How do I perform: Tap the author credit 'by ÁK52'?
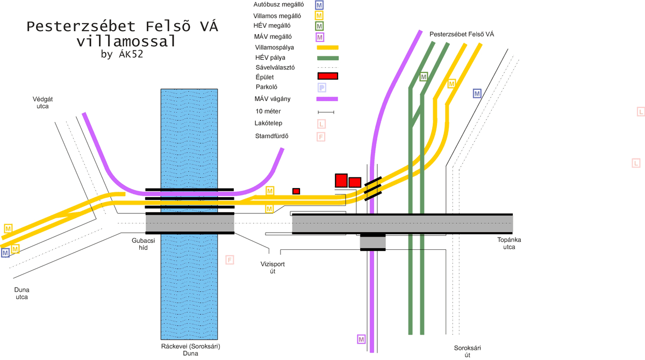point(122,54)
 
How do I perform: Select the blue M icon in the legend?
point(319,5)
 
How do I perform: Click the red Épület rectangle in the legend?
point(328,77)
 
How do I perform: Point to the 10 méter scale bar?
point(326,112)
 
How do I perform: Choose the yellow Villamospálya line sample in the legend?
point(327,48)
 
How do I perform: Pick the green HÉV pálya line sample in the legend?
point(327,57)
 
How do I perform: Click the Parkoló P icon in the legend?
point(321,88)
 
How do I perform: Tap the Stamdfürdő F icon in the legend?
point(321,136)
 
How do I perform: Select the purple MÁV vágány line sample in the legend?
point(327,99)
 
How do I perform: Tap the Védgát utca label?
point(42,103)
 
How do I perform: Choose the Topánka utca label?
point(509,243)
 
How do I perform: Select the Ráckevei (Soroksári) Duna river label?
point(190,350)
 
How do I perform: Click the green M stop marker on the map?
point(424,77)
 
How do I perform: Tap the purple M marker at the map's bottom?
point(361,340)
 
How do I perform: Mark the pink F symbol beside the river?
point(230,260)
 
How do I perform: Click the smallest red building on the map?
point(296,191)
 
